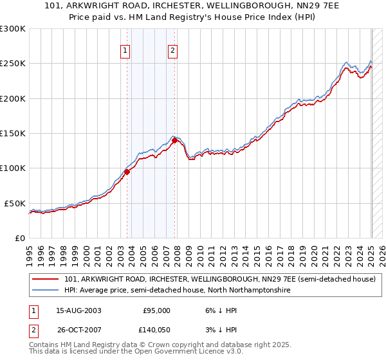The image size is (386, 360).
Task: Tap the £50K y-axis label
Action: click(14, 203)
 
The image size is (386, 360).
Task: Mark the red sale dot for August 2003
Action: click(127, 172)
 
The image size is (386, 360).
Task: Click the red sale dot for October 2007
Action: click(175, 140)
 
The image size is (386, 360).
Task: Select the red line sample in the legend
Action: click(46, 280)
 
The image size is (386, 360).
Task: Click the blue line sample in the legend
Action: click(46, 291)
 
